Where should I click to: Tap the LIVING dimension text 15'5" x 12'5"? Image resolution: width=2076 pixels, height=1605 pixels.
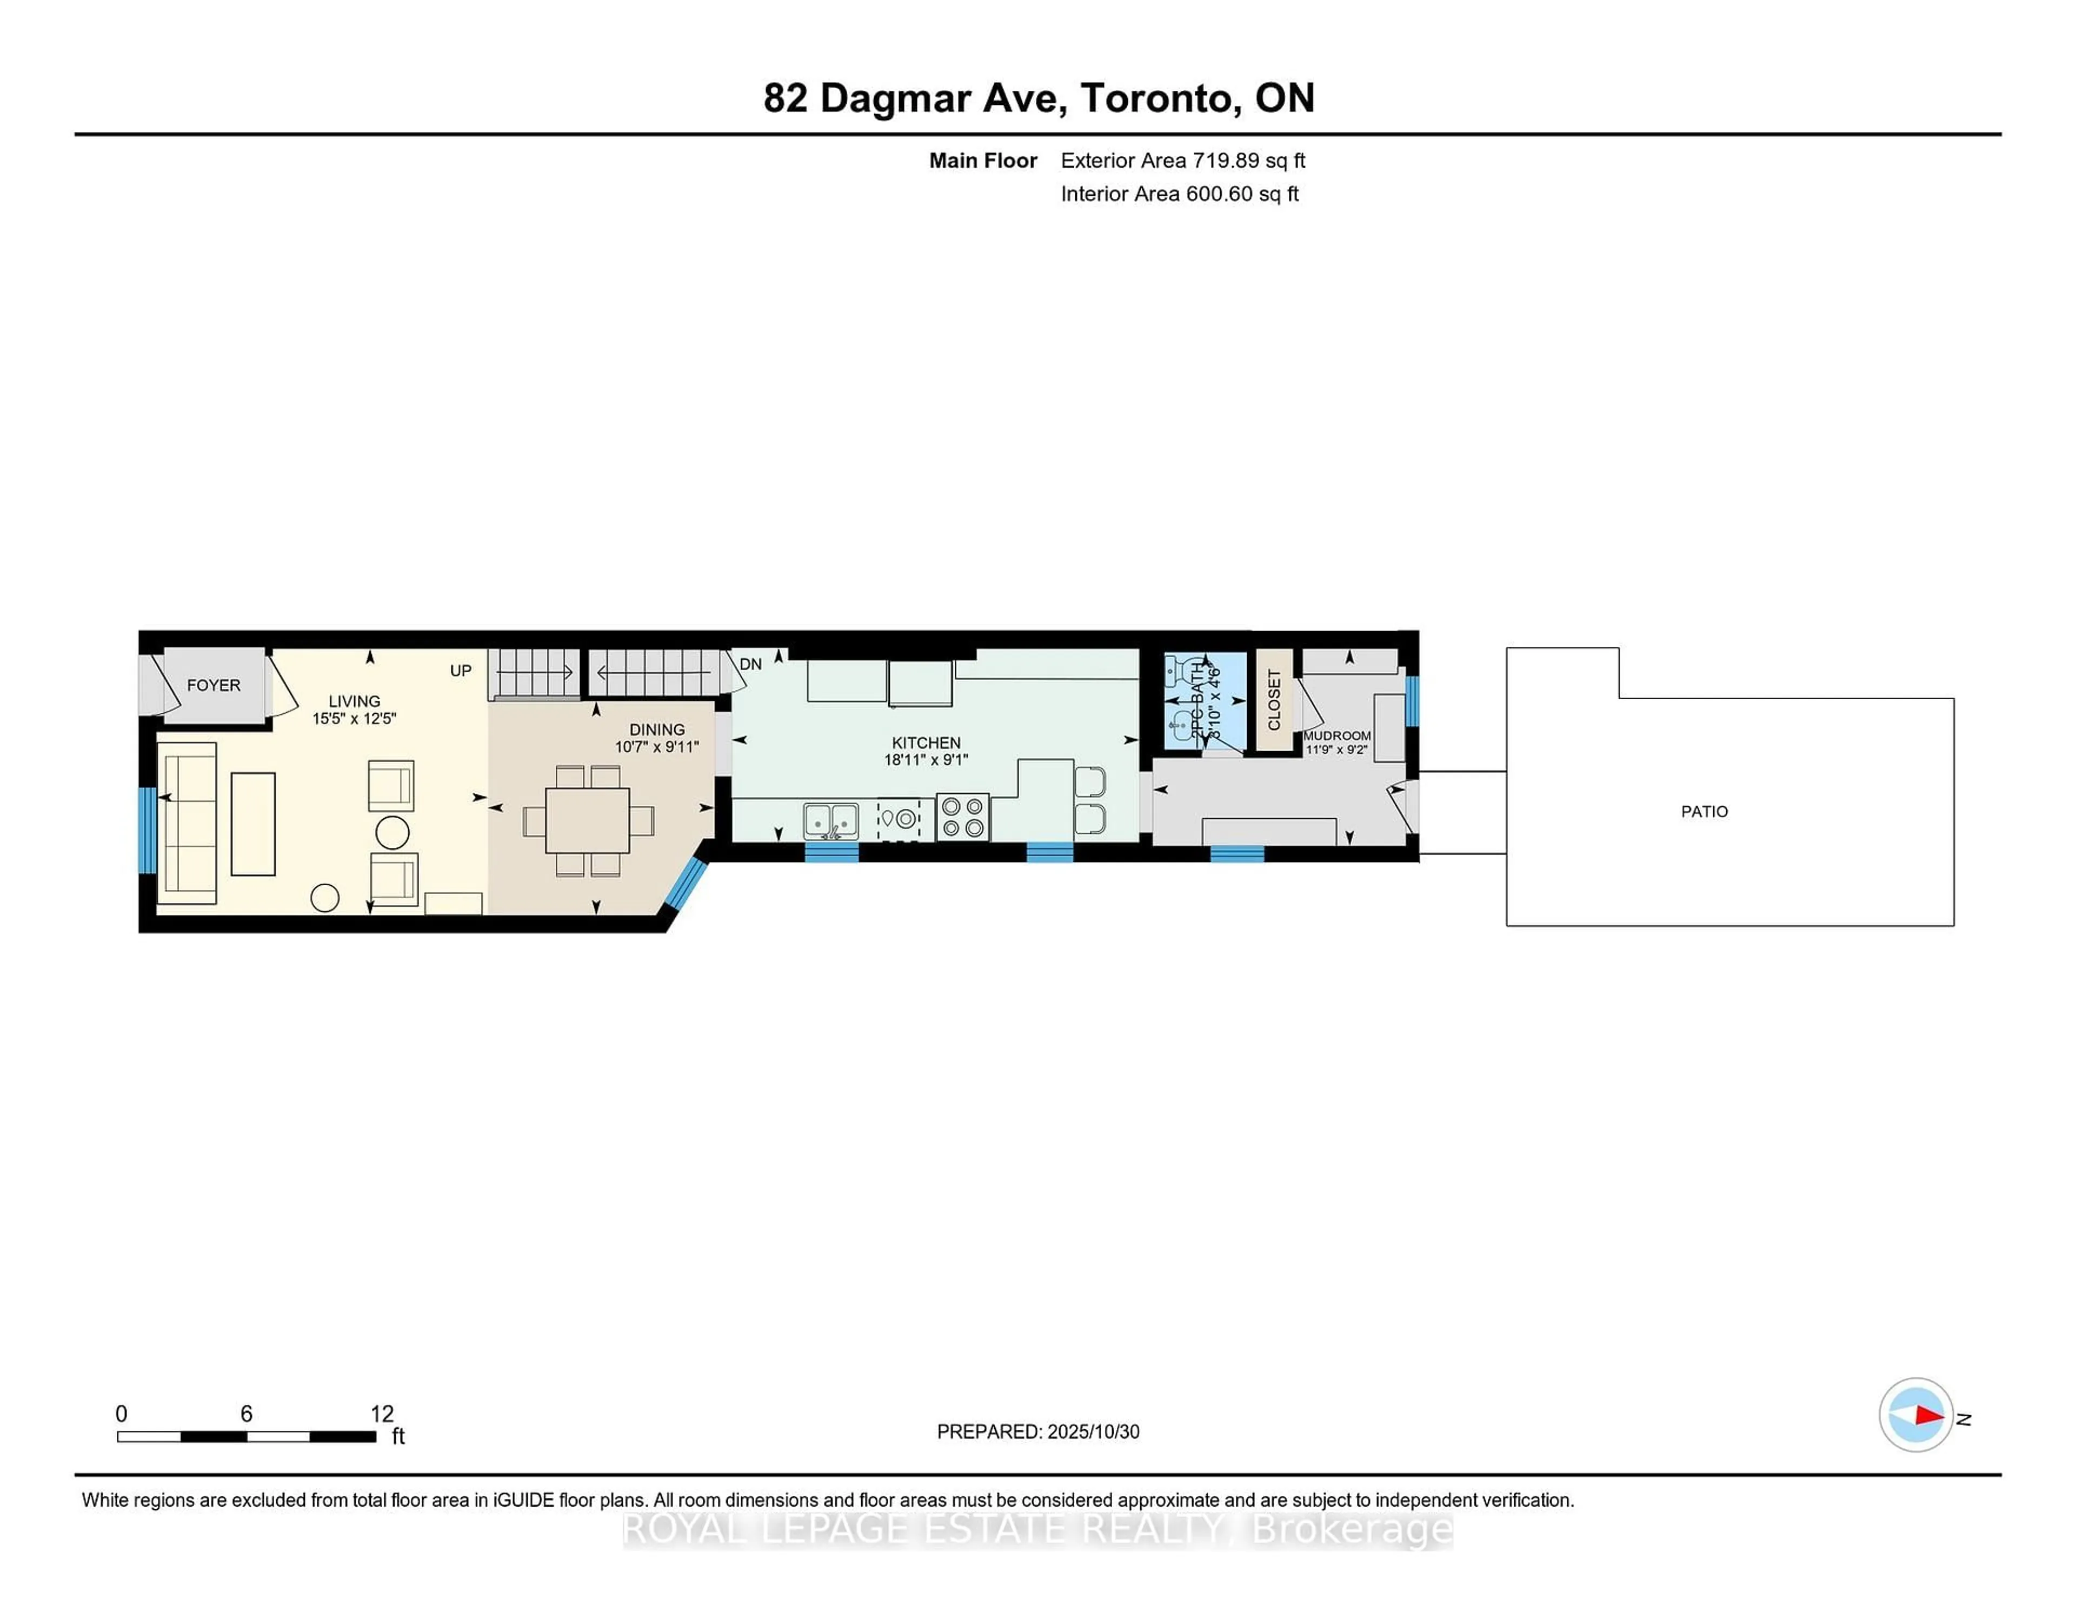(354, 719)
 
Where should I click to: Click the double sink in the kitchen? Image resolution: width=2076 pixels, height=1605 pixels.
(831, 820)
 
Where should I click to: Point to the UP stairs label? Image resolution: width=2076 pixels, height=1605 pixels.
(460, 671)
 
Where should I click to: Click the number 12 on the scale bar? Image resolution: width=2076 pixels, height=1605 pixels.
(381, 1414)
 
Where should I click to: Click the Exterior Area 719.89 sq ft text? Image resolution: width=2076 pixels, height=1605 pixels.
(1182, 161)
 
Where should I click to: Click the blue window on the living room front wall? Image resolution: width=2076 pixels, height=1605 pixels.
(148, 829)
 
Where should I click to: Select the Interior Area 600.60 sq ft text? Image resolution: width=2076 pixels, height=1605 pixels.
(1179, 194)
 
